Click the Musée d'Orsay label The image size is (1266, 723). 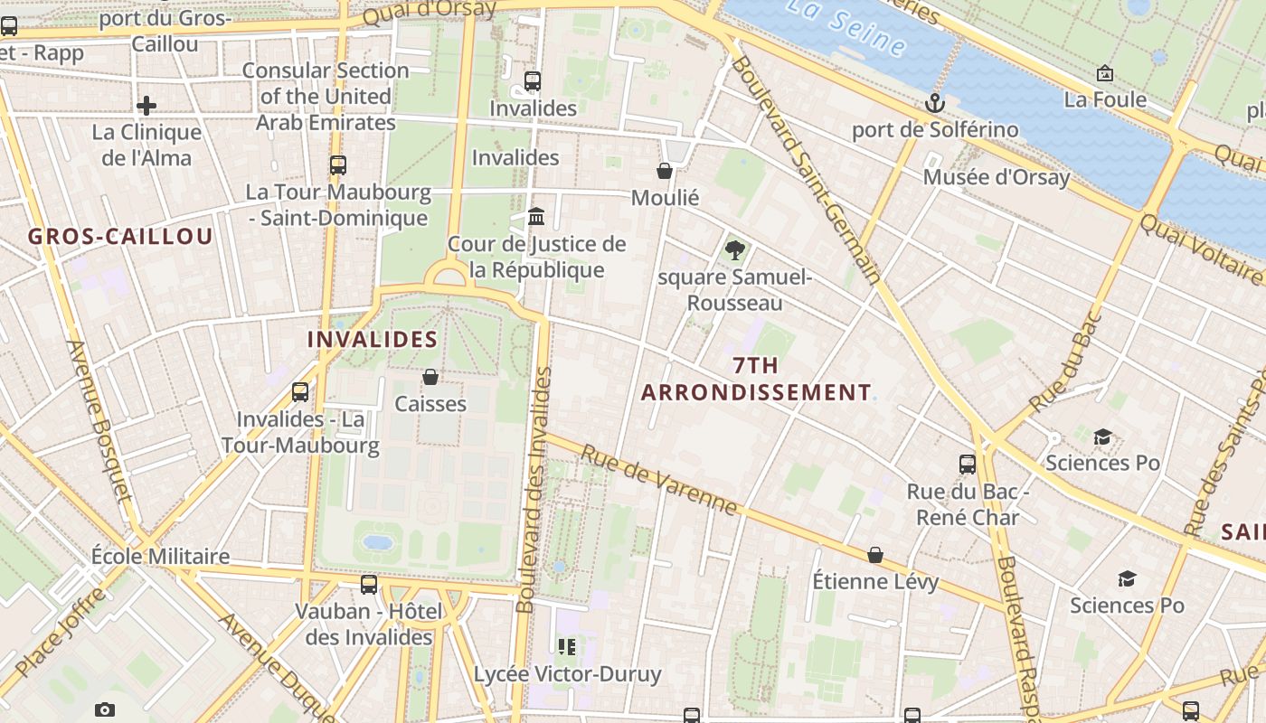point(996,177)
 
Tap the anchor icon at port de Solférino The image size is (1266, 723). point(934,103)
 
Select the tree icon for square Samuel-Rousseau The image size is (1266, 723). point(734,249)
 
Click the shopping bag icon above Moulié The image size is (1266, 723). point(665,171)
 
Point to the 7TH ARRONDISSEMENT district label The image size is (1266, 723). point(756,379)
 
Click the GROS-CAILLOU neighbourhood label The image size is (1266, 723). point(120,237)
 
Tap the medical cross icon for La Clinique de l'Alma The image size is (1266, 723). point(146,106)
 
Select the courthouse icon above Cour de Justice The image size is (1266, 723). point(536,217)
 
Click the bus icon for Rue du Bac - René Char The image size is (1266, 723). point(968,465)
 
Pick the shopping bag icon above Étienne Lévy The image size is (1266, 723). point(874,554)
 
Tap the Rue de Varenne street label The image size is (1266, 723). point(659,480)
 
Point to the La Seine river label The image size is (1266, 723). point(845,25)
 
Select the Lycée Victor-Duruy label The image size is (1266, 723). point(567,674)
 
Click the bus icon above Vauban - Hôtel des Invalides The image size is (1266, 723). point(368,585)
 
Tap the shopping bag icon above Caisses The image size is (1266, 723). point(430,376)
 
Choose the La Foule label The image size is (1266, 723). point(1105,99)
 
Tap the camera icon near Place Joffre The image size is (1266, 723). point(105,709)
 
